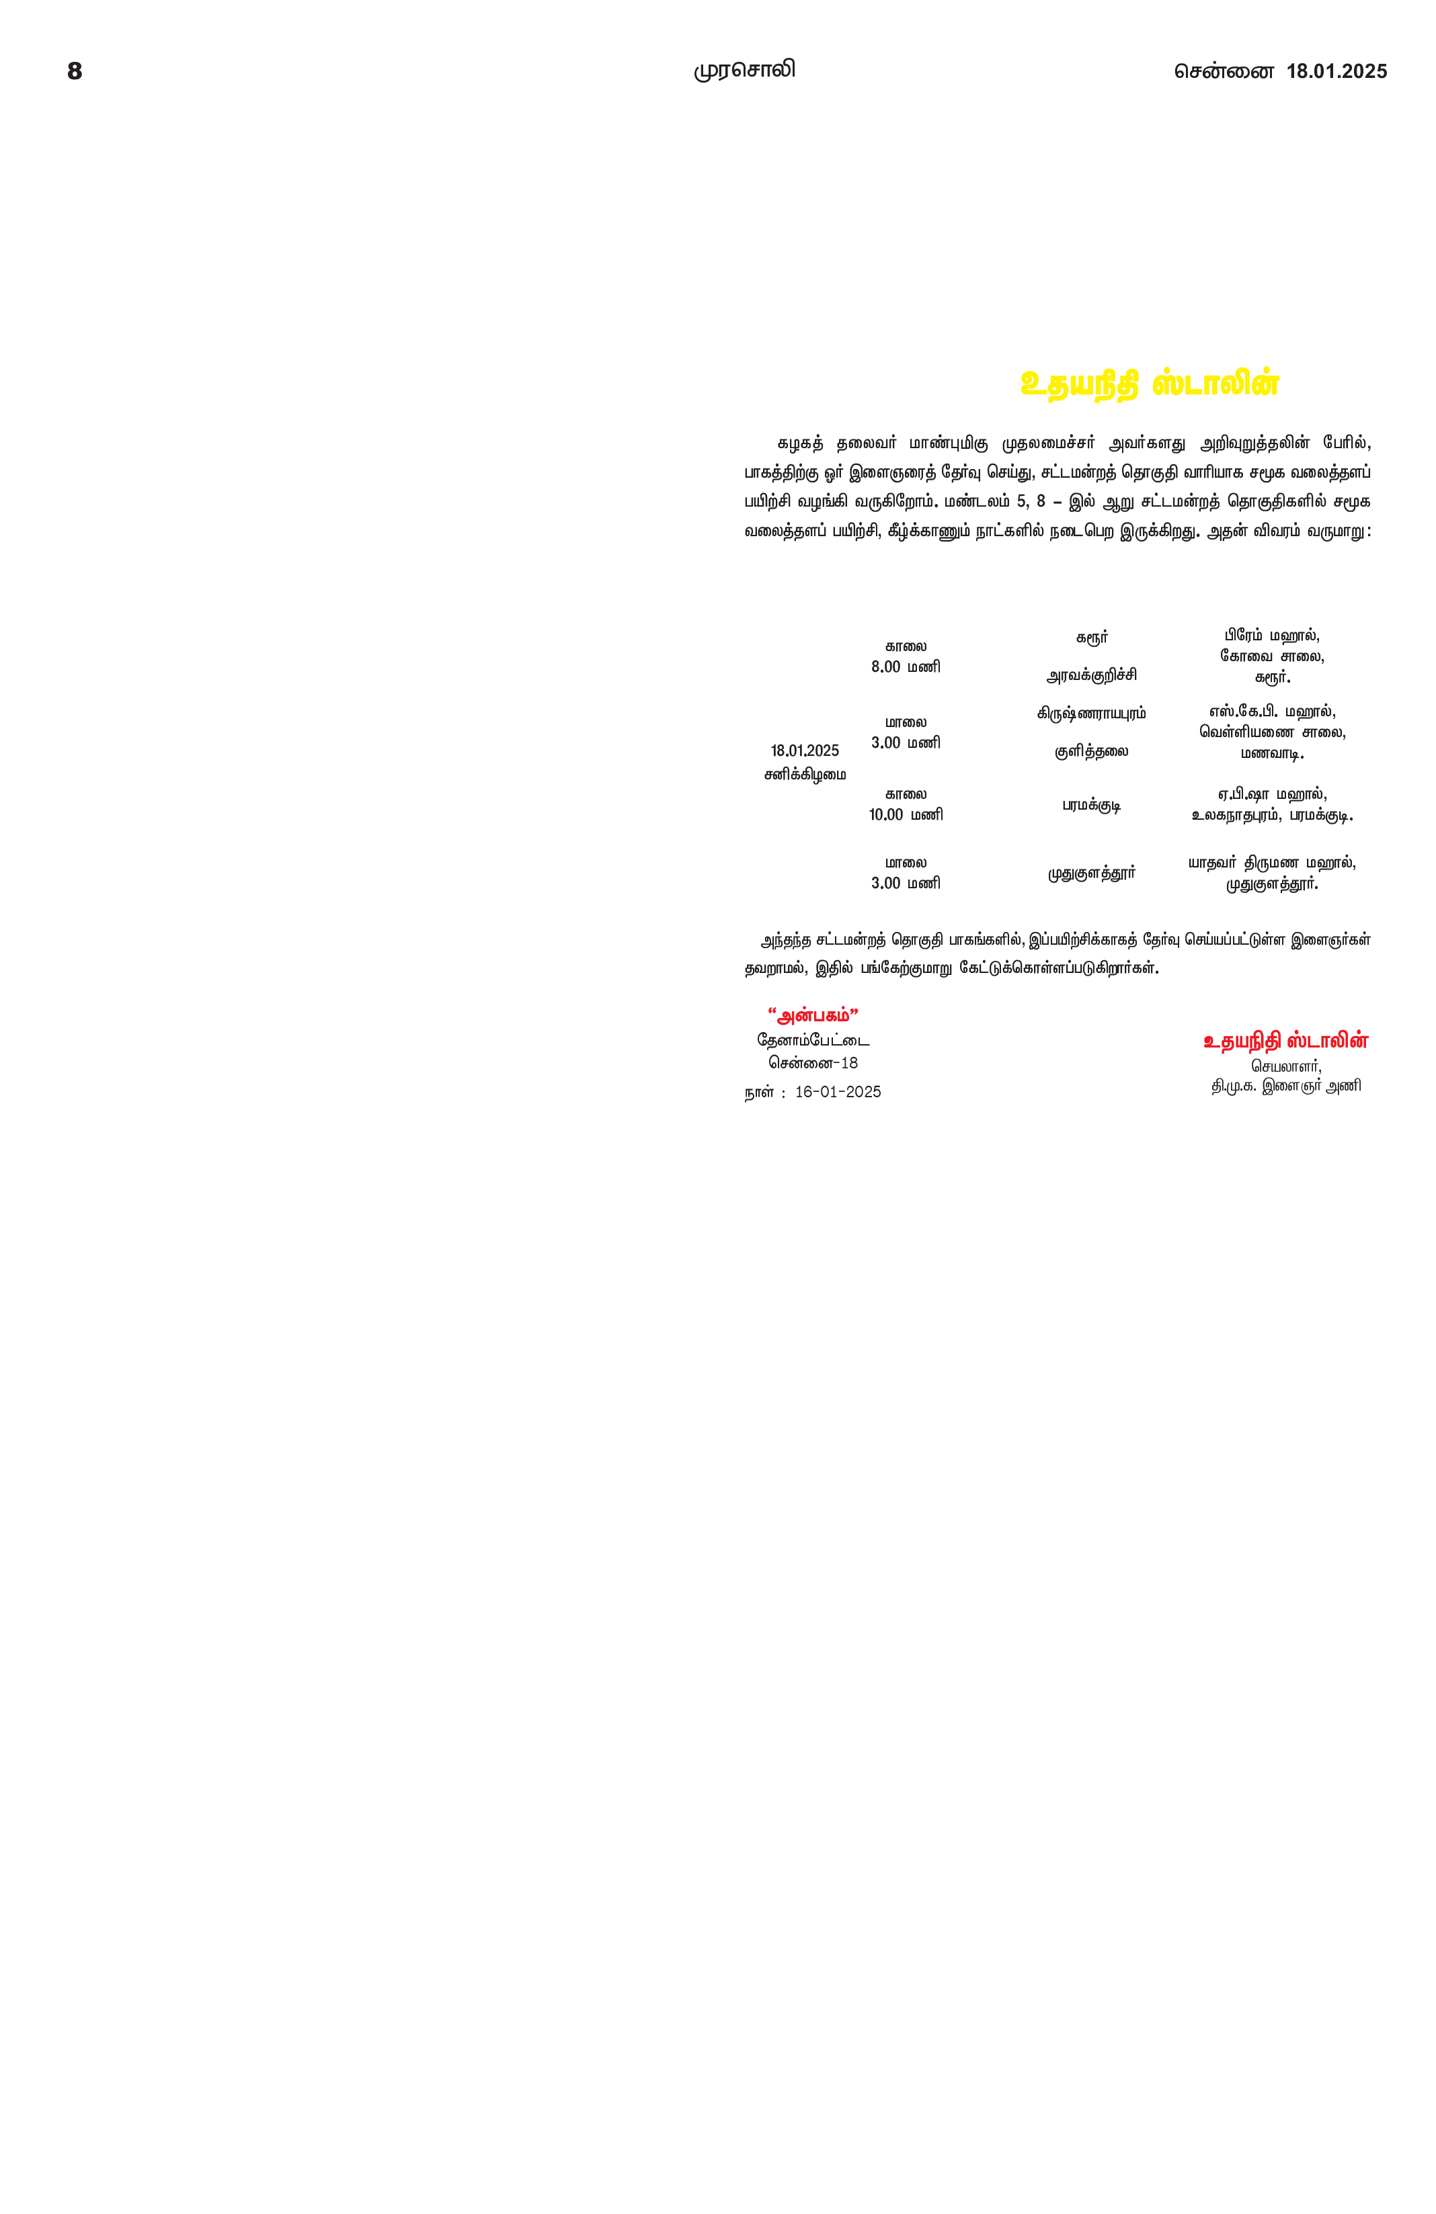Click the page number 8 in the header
pyautogui.click(x=75, y=72)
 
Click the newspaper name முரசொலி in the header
pyautogui.click(x=744, y=71)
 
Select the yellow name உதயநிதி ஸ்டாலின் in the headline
pyautogui.click(x=1150, y=384)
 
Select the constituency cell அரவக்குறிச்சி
pyautogui.click(x=1092, y=675)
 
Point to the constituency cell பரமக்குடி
pyautogui.click(x=1092, y=805)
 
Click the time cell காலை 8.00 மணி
pyautogui.click(x=906, y=656)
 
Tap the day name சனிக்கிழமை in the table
pyautogui.click(x=805, y=774)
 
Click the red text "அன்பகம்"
pyautogui.click(x=813, y=1015)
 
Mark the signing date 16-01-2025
pyautogui.click(x=838, y=1092)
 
